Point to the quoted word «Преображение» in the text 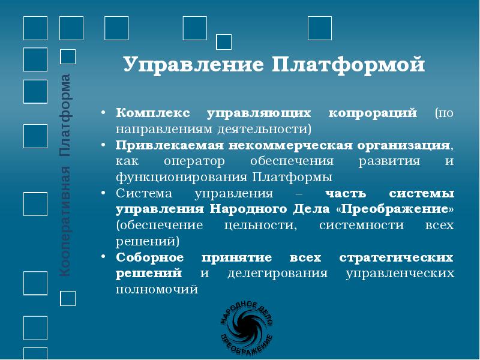[x=398, y=210]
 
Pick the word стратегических [x=397, y=258]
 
